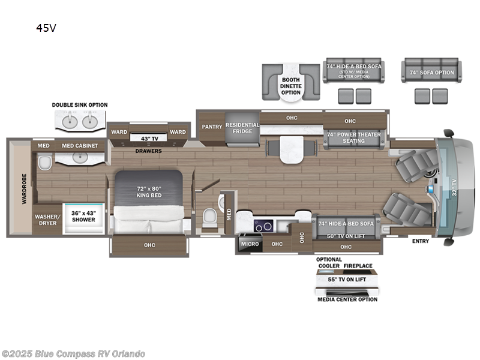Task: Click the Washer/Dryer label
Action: [46, 220]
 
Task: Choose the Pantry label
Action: [212, 127]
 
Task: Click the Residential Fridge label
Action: [242, 128]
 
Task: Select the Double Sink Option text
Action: [80, 105]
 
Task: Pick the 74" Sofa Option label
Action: [431, 73]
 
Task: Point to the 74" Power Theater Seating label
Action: [353, 137]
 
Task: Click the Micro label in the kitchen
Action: [250, 244]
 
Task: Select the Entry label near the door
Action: [420, 241]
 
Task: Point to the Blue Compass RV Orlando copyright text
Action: [73, 353]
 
